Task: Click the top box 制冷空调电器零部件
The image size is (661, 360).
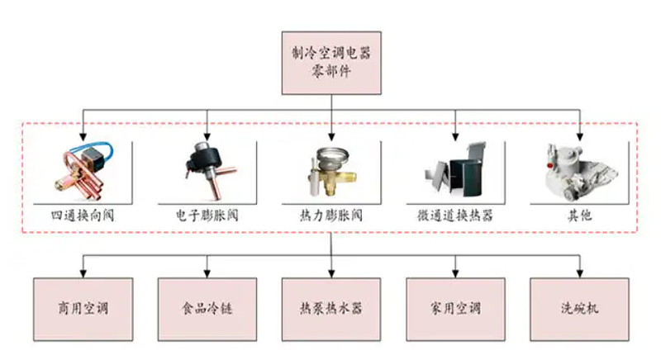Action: coord(330,62)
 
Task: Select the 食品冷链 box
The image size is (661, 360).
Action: coord(206,310)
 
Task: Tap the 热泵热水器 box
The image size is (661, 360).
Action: coord(330,310)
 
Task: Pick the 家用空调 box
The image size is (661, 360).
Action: coord(455,310)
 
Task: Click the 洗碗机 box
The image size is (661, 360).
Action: coord(579,310)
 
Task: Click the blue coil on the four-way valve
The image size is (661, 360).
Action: coord(100,152)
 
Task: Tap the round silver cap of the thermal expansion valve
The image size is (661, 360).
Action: coord(330,154)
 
